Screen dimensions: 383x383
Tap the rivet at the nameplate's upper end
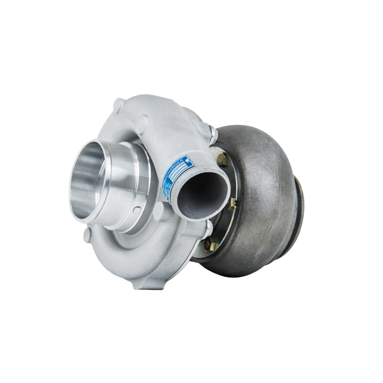(x=188, y=160)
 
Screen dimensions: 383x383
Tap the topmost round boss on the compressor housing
(x=118, y=105)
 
